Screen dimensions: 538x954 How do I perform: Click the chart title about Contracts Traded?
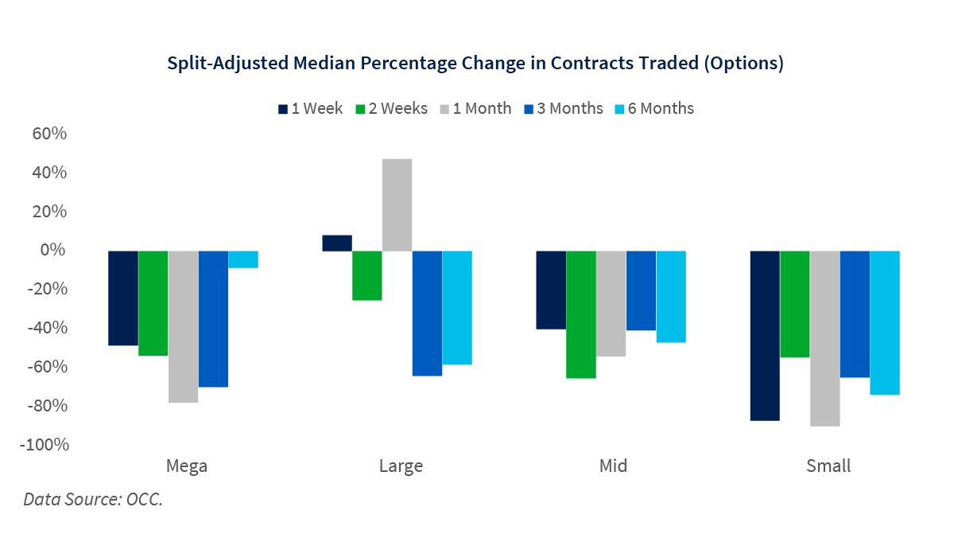point(475,64)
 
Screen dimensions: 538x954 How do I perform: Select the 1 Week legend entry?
point(311,109)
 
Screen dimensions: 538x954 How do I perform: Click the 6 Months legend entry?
point(653,109)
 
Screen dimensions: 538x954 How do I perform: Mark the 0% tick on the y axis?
point(53,251)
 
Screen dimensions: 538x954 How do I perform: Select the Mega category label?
point(186,466)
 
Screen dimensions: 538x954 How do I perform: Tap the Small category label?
point(828,466)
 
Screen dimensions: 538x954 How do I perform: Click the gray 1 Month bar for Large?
point(397,205)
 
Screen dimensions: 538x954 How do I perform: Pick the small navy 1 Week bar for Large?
point(337,243)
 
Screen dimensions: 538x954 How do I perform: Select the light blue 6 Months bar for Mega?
point(243,259)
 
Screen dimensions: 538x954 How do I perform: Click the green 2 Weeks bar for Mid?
point(581,314)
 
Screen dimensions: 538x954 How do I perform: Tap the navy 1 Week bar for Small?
point(766,335)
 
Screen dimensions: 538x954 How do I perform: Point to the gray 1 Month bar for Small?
point(825,338)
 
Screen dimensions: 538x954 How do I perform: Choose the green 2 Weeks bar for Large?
point(367,275)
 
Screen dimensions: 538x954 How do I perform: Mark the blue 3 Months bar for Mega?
point(213,318)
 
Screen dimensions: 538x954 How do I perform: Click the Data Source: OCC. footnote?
point(93,501)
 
